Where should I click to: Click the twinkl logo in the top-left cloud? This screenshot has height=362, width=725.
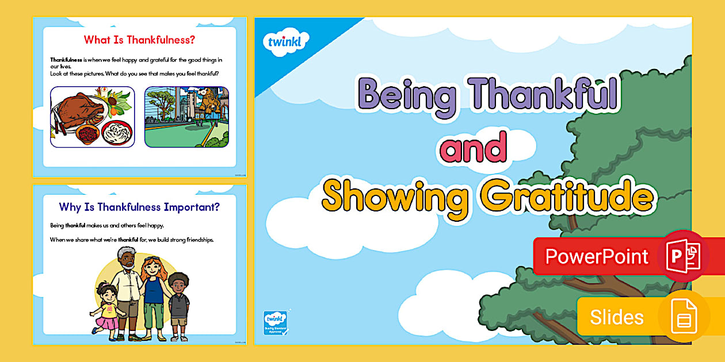[x=285, y=42]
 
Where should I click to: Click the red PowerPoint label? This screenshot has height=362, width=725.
[x=597, y=256]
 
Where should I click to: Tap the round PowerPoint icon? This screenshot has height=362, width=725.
[x=683, y=256]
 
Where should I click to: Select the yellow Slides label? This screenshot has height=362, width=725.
[x=617, y=317]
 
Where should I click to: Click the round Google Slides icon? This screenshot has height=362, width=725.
[x=684, y=317]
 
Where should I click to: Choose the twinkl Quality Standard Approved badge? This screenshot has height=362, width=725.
[x=275, y=324]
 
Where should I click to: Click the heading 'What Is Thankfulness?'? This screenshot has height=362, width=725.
[x=140, y=40]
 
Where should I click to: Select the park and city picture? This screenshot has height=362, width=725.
[x=186, y=117]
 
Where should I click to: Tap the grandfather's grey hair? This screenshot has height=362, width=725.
[x=126, y=253]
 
